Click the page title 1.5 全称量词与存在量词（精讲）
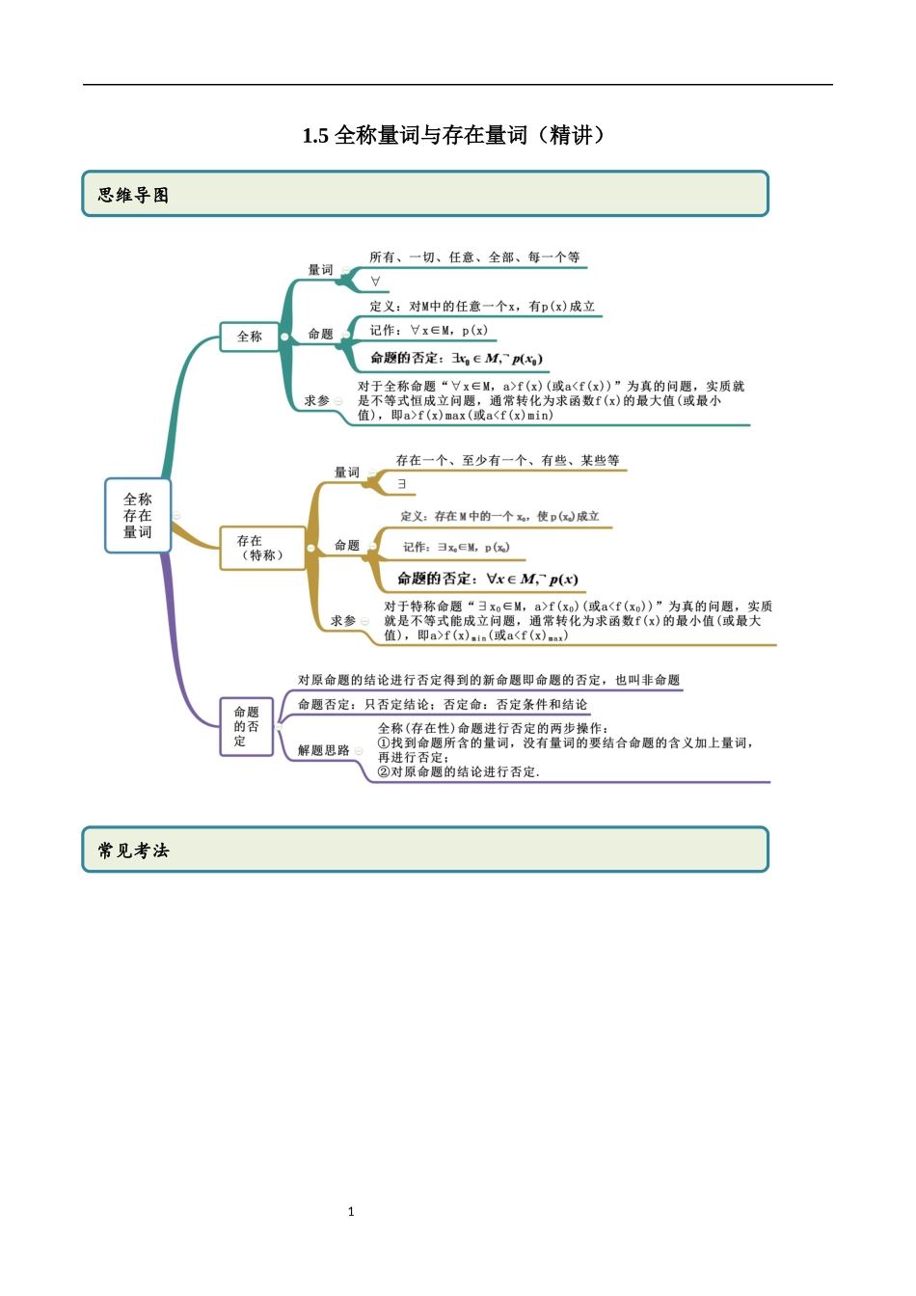click(x=457, y=135)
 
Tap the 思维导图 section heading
click(x=133, y=195)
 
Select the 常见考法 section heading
click(x=133, y=850)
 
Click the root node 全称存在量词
click(x=138, y=516)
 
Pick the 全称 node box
click(x=250, y=337)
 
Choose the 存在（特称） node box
click(x=261, y=548)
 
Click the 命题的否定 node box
click(x=247, y=726)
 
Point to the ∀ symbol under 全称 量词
click(x=375, y=282)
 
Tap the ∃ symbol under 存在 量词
click(x=402, y=484)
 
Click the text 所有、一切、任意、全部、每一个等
click(x=474, y=257)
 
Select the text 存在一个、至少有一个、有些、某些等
click(x=507, y=461)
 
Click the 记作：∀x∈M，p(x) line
click(x=429, y=331)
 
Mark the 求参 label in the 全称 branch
click(x=316, y=400)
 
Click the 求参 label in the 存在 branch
click(x=343, y=621)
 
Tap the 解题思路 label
click(x=323, y=750)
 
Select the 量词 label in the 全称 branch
click(x=320, y=270)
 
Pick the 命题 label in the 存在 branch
click(x=347, y=546)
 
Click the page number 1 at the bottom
click(x=351, y=1211)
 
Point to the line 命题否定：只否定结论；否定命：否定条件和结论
click(x=443, y=705)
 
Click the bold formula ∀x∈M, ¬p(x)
click(x=532, y=580)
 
